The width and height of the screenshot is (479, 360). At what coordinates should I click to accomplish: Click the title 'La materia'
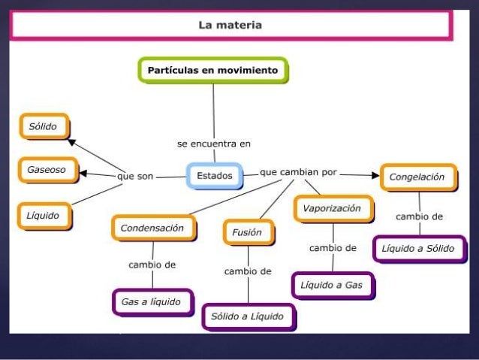tap(230, 25)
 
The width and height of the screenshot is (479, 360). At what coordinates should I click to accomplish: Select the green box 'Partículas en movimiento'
tap(212, 71)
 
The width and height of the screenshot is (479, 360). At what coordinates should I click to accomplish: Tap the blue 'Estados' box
tap(215, 176)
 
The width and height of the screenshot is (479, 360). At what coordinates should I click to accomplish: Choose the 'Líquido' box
tap(44, 216)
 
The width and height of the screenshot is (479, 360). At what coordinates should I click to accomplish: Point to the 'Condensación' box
tap(152, 228)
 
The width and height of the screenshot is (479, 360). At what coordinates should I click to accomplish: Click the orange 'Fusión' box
tap(247, 232)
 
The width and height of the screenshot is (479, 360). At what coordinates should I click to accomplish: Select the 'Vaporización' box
tap(332, 208)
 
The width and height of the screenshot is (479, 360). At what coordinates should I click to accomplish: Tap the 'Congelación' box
tap(417, 177)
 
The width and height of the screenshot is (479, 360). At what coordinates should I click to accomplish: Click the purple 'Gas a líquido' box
tap(151, 301)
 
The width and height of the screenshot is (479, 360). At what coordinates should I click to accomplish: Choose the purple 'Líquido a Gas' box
tap(332, 286)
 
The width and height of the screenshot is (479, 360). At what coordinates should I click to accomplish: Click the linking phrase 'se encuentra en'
tap(214, 143)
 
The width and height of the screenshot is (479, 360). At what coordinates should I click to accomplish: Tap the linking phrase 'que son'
tap(135, 176)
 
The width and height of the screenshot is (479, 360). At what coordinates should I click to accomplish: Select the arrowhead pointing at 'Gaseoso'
tap(84, 173)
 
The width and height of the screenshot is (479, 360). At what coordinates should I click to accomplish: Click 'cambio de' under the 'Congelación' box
tap(420, 216)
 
